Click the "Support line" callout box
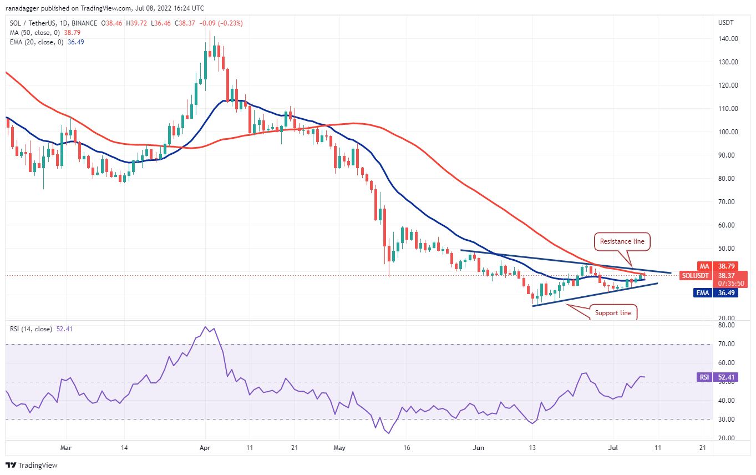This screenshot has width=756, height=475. [613, 313]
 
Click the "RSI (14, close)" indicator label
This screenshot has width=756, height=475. [30, 329]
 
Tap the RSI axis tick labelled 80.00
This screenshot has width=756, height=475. [727, 325]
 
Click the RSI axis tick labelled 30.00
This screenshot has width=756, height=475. [727, 419]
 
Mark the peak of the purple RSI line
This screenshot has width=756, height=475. [205, 327]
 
